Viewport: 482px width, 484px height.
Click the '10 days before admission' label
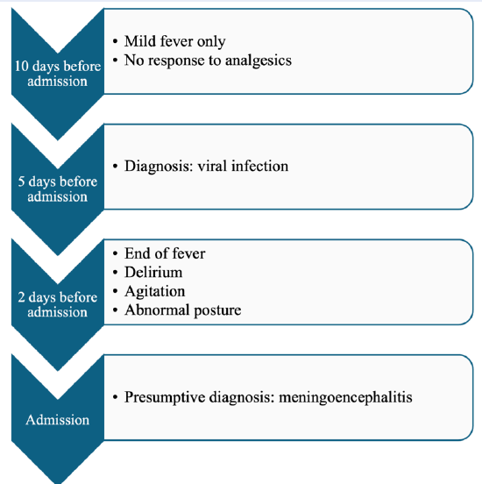tap(58, 74)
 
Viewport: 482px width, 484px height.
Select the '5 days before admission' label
tap(58, 189)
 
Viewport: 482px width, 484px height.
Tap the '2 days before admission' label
tap(58, 304)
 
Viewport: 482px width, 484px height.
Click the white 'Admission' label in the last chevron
tap(58, 420)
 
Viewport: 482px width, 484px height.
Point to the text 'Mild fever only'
tap(175, 41)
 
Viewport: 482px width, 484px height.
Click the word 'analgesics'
tap(259, 60)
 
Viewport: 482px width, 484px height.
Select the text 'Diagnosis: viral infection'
tap(207, 166)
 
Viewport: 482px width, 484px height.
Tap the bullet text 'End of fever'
tap(165, 253)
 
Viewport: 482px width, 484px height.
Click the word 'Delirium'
tap(153, 272)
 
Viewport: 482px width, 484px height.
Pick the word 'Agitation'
tap(155, 291)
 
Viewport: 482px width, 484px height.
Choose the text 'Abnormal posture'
tap(182, 310)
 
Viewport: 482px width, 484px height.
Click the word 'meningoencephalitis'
tap(345, 397)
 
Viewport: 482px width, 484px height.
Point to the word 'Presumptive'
tap(165, 397)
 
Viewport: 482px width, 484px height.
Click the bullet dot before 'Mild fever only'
tap(116, 41)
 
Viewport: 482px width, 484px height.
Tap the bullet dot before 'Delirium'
tap(116, 273)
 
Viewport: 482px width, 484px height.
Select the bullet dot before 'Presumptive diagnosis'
tap(116, 397)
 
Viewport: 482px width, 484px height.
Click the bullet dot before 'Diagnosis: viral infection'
tap(116, 167)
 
